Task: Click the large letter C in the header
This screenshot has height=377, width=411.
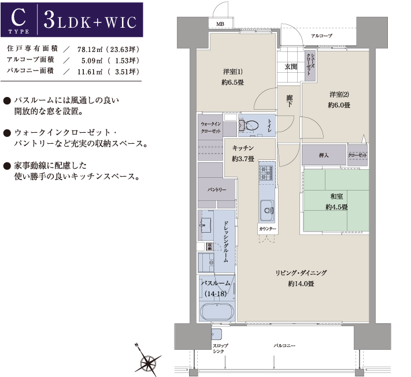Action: tap(18, 17)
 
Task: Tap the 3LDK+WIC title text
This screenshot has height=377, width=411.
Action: tap(90, 20)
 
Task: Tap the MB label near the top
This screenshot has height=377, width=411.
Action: tap(220, 24)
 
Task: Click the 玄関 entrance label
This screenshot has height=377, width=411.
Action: tap(291, 67)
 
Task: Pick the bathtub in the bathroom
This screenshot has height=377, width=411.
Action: tap(217, 312)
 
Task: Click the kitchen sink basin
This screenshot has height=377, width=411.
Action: tap(267, 210)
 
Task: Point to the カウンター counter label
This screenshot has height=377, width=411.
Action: tap(268, 229)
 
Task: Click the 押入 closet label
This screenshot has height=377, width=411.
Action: tap(324, 155)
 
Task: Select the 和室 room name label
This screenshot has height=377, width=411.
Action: tap(336, 196)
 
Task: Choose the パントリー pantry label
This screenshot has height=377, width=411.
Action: tap(217, 189)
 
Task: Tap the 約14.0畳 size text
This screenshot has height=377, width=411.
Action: tap(301, 283)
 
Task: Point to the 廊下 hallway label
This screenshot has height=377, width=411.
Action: tap(290, 101)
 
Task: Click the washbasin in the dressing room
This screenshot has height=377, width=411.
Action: tap(206, 225)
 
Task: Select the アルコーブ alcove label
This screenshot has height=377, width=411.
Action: tap(321, 36)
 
